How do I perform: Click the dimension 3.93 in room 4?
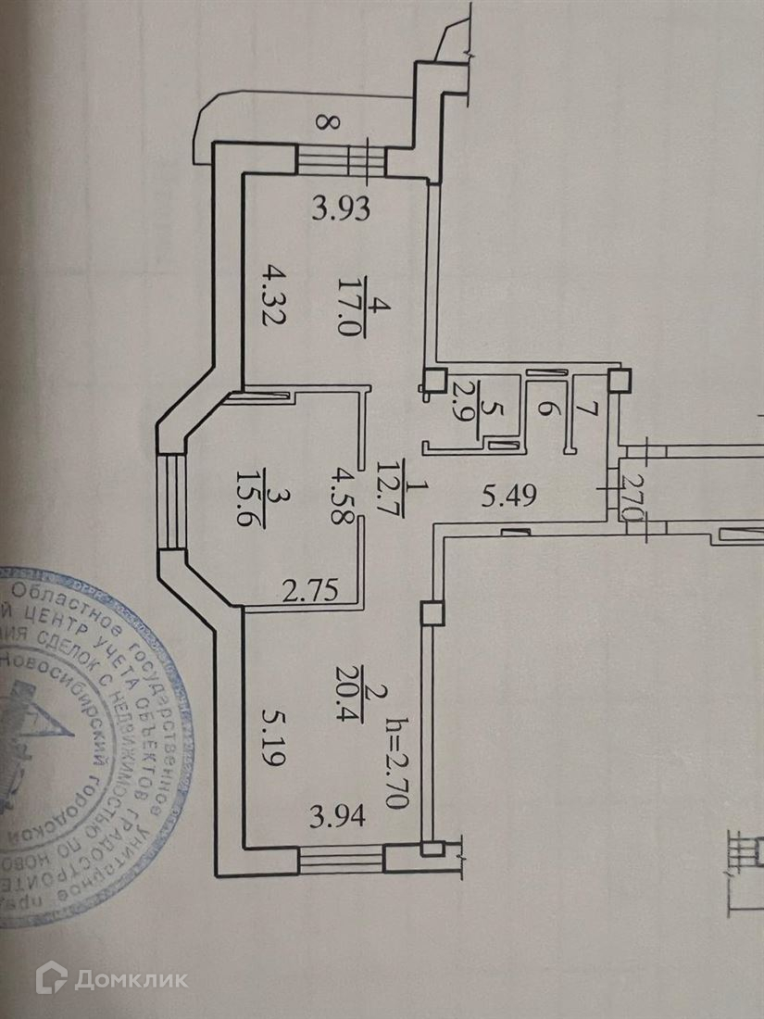coord(341,210)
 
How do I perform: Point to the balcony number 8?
coord(321,120)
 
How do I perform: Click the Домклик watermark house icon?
coord(53,977)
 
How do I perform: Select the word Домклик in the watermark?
coord(132,979)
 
